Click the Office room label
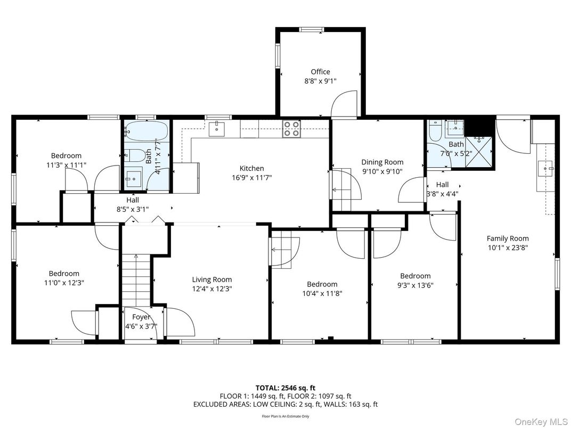point(320,72)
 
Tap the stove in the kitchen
point(291,129)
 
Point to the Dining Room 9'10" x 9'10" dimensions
point(382,171)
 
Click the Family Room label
point(507,238)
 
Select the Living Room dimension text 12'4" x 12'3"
point(211,289)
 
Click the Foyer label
point(141,317)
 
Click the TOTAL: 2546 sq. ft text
point(285,388)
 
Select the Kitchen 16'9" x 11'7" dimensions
point(251,178)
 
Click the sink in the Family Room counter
point(546,169)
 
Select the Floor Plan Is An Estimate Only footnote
point(285,416)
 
